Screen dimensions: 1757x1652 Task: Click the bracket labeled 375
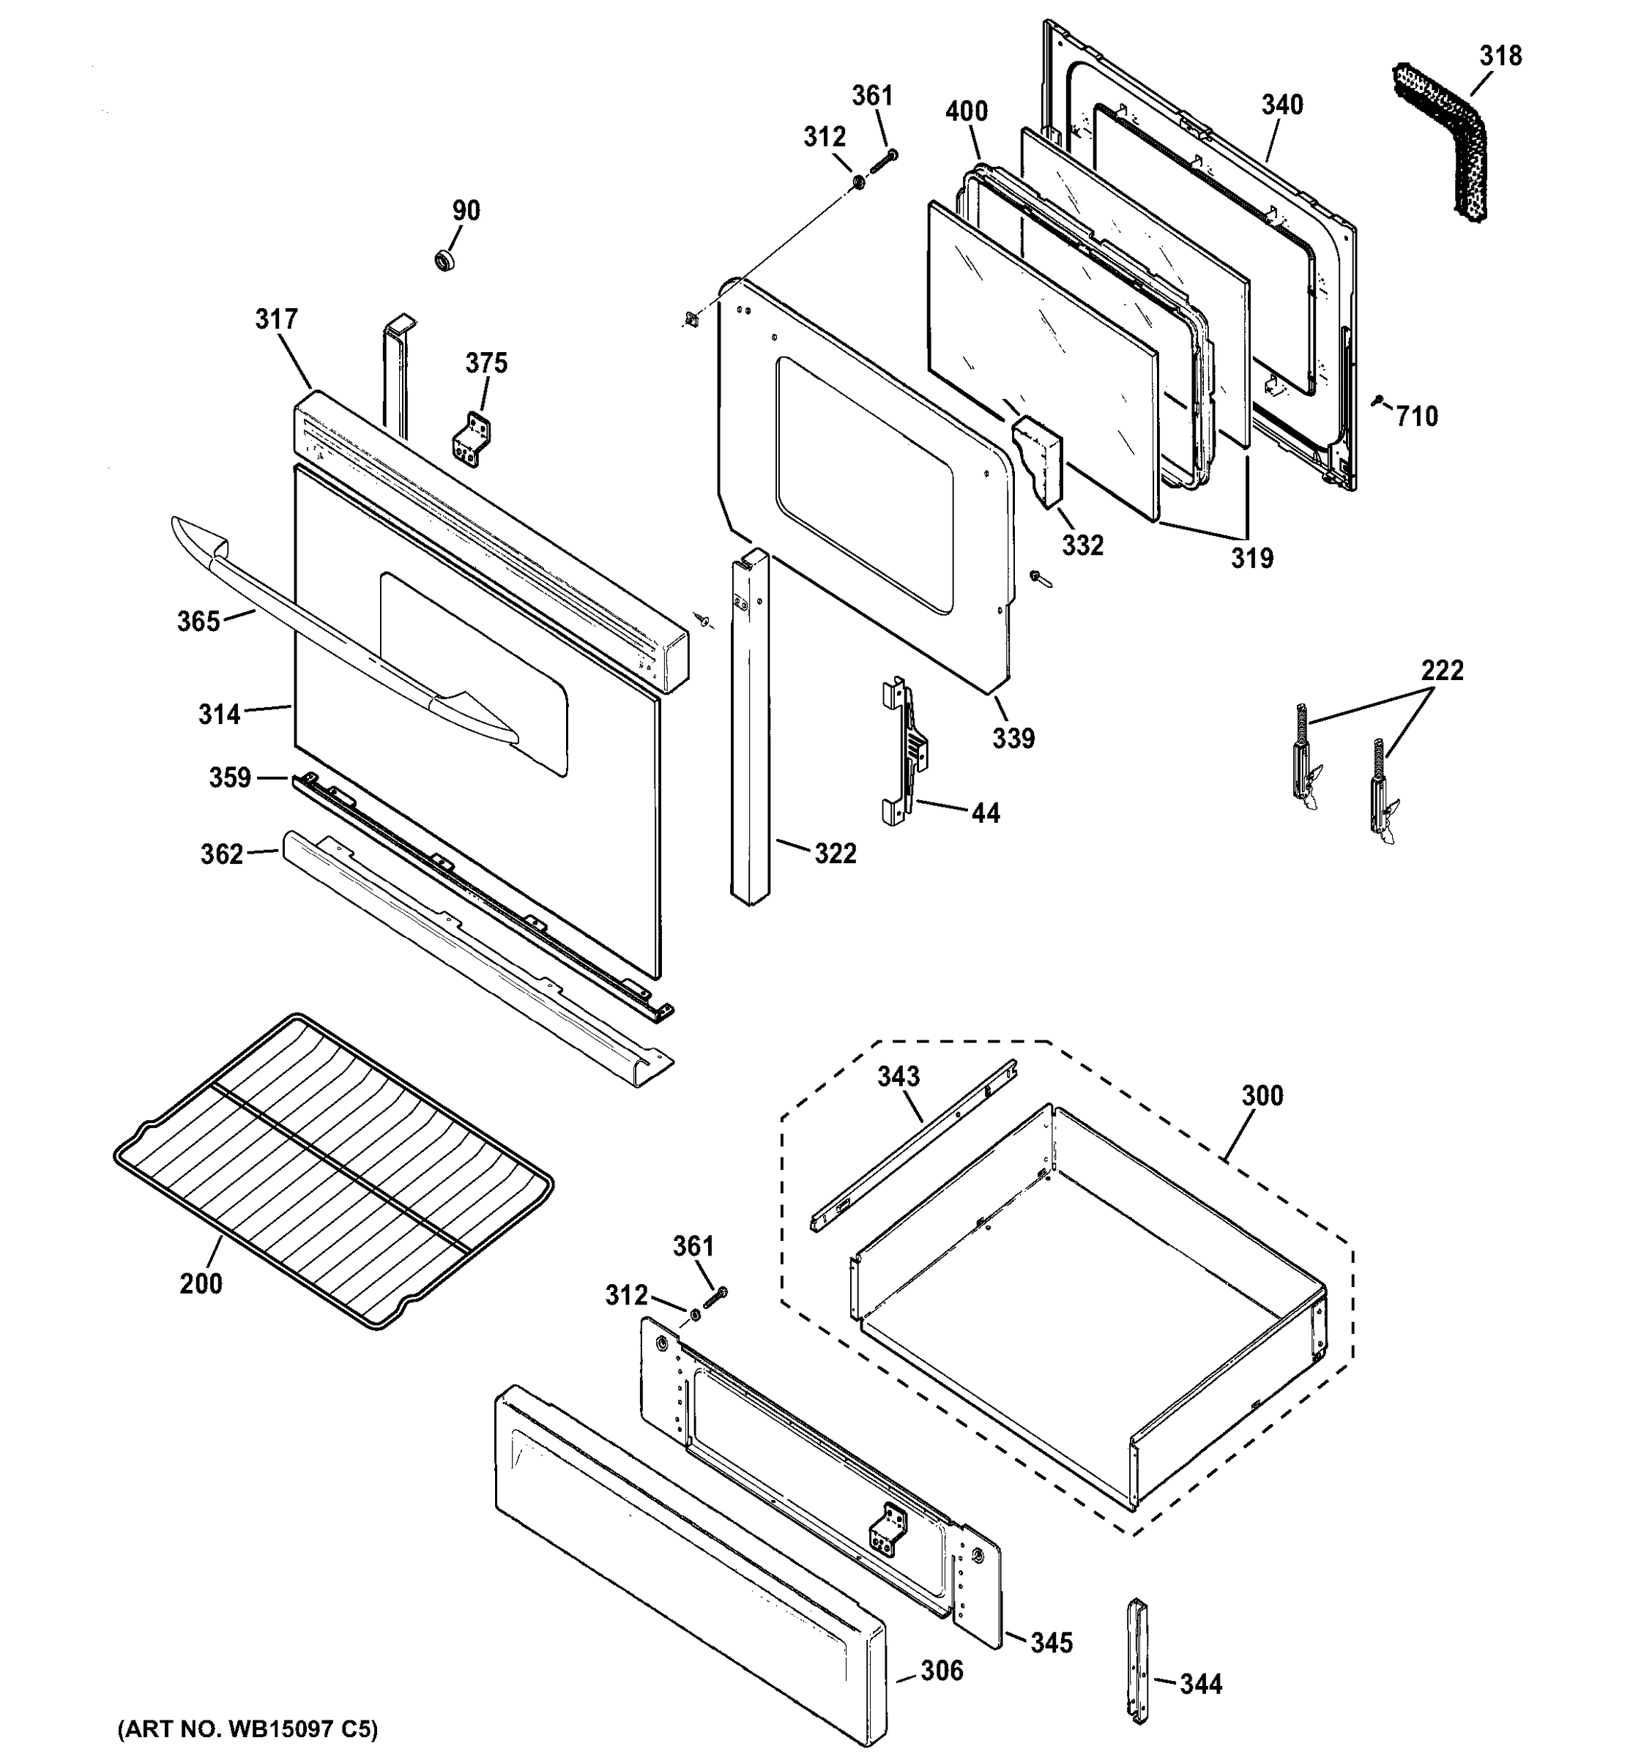tap(473, 439)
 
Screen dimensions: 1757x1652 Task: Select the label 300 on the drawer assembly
tap(1261, 1096)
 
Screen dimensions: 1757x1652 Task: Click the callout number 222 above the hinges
tap(1442, 670)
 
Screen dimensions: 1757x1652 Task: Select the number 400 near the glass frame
tap(966, 111)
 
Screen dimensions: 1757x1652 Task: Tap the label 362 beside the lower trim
tap(222, 854)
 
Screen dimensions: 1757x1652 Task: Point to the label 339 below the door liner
tap(1013, 738)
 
